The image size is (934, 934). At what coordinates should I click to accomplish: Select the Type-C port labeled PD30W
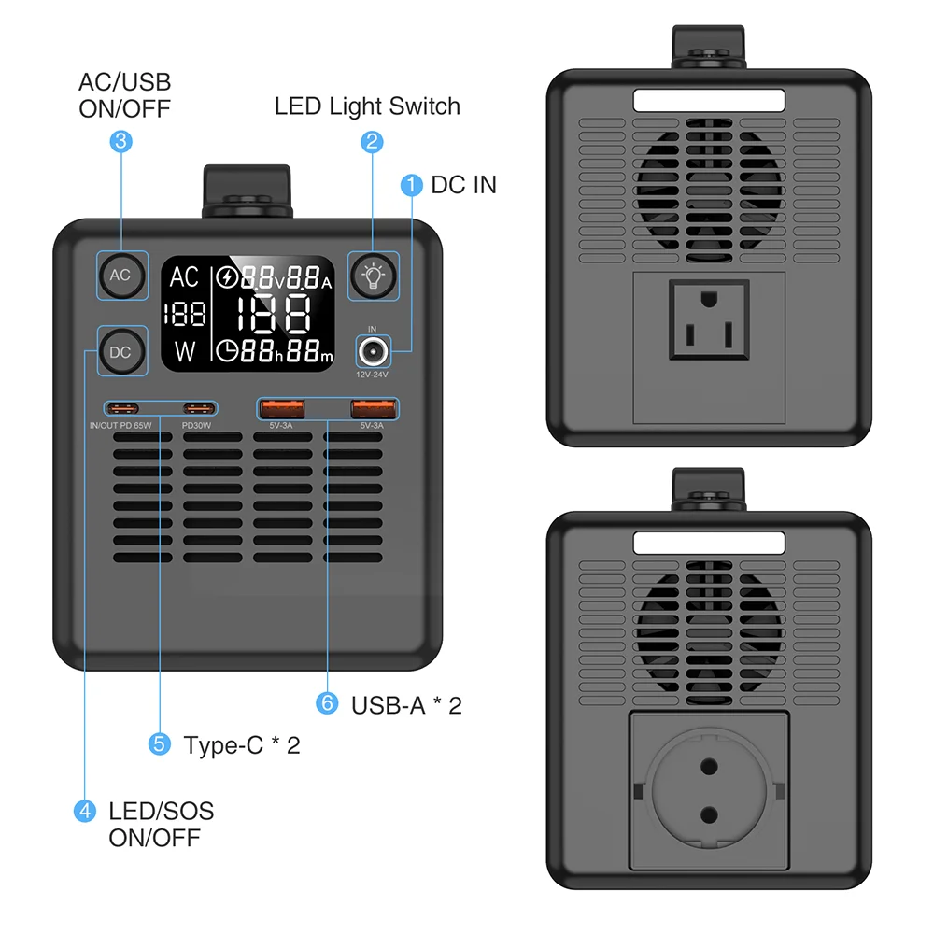click(197, 408)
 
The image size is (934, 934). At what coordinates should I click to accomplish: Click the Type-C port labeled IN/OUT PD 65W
click(122, 408)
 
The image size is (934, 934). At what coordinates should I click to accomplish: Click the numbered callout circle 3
click(120, 142)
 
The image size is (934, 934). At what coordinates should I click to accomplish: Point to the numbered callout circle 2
click(373, 142)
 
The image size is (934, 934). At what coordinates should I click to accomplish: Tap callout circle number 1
click(411, 185)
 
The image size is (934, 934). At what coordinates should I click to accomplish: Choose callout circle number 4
click(85, 811)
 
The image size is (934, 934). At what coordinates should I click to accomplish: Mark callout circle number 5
click(160, 744)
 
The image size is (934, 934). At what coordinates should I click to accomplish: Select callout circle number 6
click(327, 703)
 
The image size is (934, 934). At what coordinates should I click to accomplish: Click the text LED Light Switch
click(367, 106)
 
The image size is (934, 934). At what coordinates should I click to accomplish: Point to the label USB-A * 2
click(406, 705)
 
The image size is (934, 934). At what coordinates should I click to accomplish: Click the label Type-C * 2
click(242, 745)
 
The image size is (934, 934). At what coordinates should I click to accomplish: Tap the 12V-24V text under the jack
click(373, 375)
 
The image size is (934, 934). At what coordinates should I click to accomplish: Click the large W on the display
click(185, 352)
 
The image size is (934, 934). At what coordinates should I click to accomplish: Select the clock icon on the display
click(227, 351)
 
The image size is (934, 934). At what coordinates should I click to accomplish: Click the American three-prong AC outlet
click(709, 320)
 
